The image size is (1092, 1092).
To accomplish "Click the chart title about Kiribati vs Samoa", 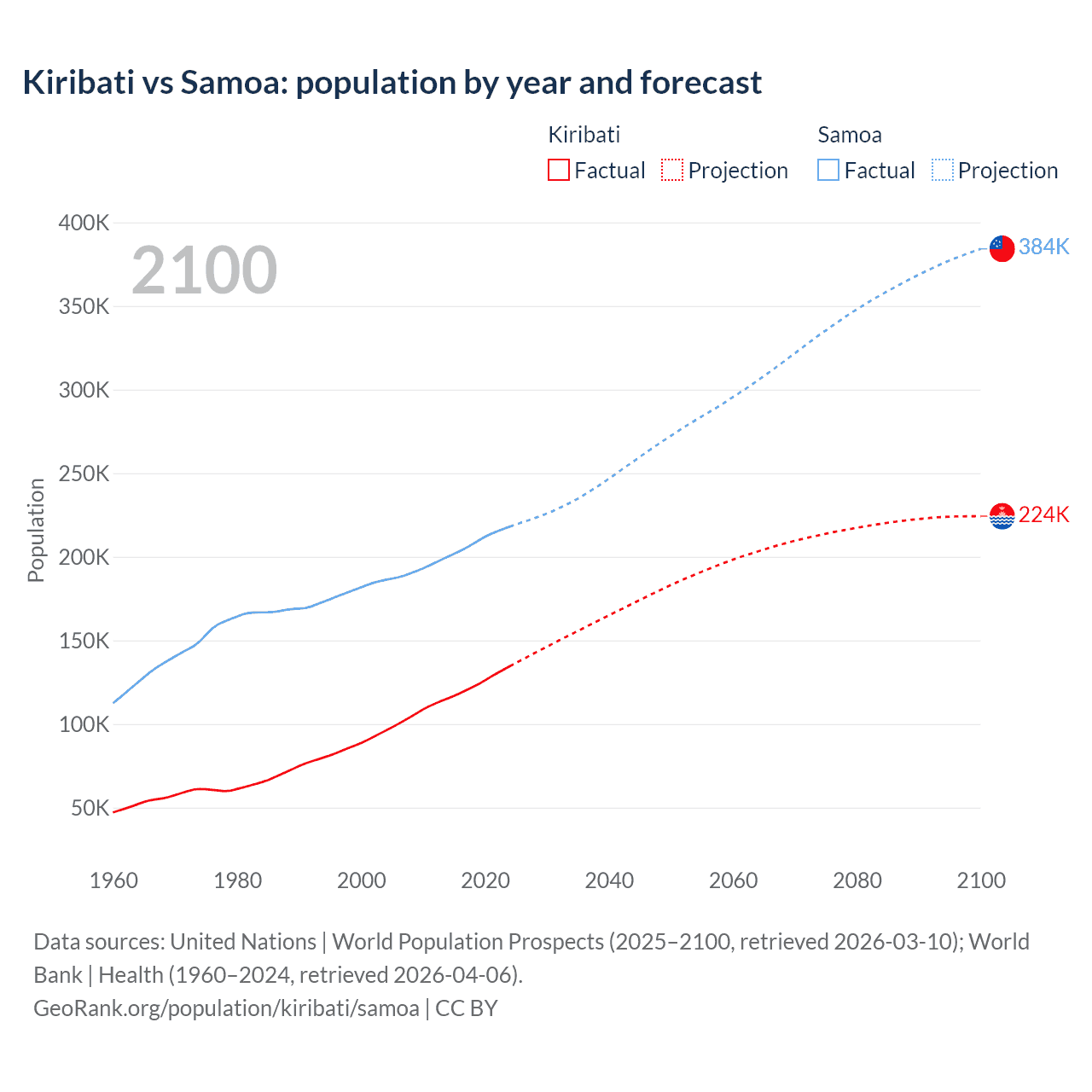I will tap(392, 83).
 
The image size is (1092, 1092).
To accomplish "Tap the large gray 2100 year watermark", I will tap(204, 270).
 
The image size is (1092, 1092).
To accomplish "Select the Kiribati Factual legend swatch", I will tap(558, 170).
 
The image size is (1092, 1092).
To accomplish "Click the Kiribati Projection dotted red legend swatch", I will tap(672, 170).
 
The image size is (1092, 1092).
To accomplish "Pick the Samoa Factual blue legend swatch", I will tap(828, 170).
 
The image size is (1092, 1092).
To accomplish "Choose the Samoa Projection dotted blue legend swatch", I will tap(943, 170).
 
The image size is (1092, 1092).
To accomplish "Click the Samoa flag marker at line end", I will tap(1002, 248).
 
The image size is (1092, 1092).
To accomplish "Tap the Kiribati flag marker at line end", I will tap(1002, 516).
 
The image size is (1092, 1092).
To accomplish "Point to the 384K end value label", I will tap(1043, 247).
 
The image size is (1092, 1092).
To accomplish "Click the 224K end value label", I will tap(1043, 514).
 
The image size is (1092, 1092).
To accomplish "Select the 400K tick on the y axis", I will tap(84, 224).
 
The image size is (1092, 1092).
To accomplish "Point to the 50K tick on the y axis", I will tap(90, 808).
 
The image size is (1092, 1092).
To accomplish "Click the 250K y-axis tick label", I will tap(84, 474).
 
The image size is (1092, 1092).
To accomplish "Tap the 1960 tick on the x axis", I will tap(113, 880).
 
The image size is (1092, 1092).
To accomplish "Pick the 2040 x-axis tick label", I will tap(609, 880).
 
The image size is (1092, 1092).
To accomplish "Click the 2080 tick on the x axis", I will tap(857, 880).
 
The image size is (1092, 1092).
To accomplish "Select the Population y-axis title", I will tap(36, 530).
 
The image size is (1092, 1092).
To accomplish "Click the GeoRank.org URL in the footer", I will tap(226, 1008).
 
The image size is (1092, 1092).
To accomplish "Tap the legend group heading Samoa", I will tap(849, 135).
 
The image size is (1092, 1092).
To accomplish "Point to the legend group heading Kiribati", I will tap(584, 135).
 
